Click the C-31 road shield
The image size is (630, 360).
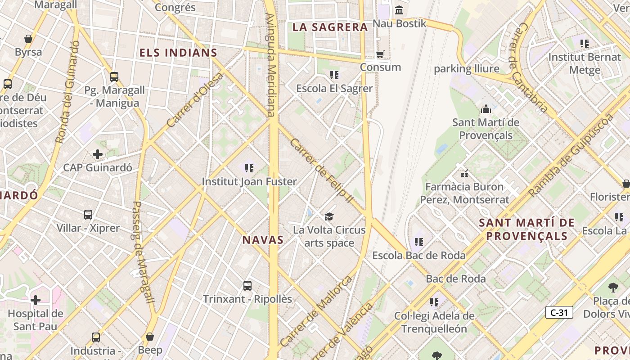(559, 312)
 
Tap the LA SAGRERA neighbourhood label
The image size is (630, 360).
(330, 27)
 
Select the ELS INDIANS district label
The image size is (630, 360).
(178, 53)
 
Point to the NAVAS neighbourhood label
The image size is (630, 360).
(263, 240)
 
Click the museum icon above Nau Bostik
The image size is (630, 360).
(399, 10)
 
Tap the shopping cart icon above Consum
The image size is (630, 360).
(380, 54)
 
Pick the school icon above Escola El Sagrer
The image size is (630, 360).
(334, 75)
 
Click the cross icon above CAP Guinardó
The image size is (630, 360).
(97, 155)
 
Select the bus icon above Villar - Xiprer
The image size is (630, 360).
(88, 215)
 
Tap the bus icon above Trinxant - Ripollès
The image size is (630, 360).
(247, 285)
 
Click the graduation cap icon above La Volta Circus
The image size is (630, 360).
(329, 216)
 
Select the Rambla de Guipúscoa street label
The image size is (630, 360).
(571, 155)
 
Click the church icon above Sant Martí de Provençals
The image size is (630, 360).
(486, 109)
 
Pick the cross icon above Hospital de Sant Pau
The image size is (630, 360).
(36, 300)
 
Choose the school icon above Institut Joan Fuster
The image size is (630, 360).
(249, 168)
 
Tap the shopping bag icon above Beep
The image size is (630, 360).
(150, 337)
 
